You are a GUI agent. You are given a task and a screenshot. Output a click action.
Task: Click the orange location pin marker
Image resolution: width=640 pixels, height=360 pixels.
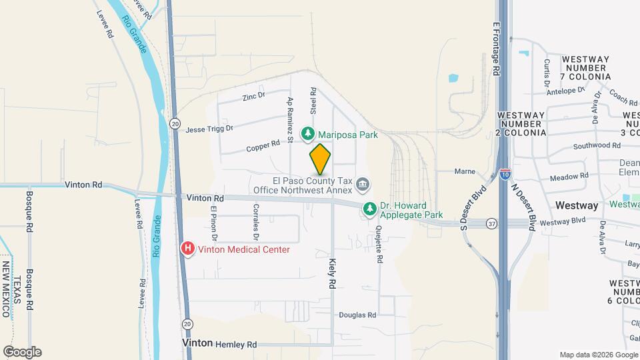320,159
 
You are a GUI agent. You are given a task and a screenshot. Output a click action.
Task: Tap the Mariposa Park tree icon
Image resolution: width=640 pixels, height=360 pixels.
308,134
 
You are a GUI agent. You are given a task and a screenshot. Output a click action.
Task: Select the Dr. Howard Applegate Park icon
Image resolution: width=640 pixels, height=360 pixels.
369,209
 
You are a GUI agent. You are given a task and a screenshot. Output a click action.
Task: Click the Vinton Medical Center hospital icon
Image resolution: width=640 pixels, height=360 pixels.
188,249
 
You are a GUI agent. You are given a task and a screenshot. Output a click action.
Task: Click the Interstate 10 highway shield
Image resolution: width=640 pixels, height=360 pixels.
505,175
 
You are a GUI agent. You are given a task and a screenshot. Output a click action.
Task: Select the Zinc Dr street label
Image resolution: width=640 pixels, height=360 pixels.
253,97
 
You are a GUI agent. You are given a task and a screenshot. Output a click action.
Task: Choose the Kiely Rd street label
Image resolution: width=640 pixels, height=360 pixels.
331,274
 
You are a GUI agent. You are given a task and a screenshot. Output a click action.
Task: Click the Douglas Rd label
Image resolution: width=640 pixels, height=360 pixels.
357,315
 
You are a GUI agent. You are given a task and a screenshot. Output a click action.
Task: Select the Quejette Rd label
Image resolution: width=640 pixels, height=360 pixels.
379,245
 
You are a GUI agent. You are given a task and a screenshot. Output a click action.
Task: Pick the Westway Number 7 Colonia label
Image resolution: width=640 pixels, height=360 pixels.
586,68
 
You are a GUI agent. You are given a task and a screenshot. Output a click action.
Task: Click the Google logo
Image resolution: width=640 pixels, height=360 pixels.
23,351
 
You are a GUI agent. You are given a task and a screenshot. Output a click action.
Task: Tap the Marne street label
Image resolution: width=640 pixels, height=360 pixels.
465,171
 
